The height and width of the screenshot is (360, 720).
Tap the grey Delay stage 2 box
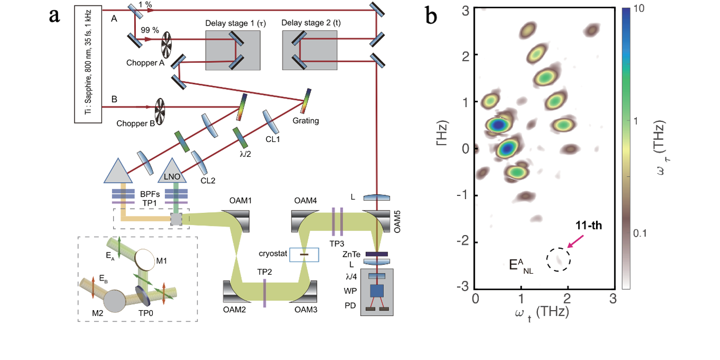click(x=310, y=50)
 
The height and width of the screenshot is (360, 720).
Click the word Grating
click(x=308, y=121)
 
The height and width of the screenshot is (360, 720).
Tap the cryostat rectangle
click(x=304, y=254)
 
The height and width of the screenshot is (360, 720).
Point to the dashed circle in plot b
click(x=559, y=259)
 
